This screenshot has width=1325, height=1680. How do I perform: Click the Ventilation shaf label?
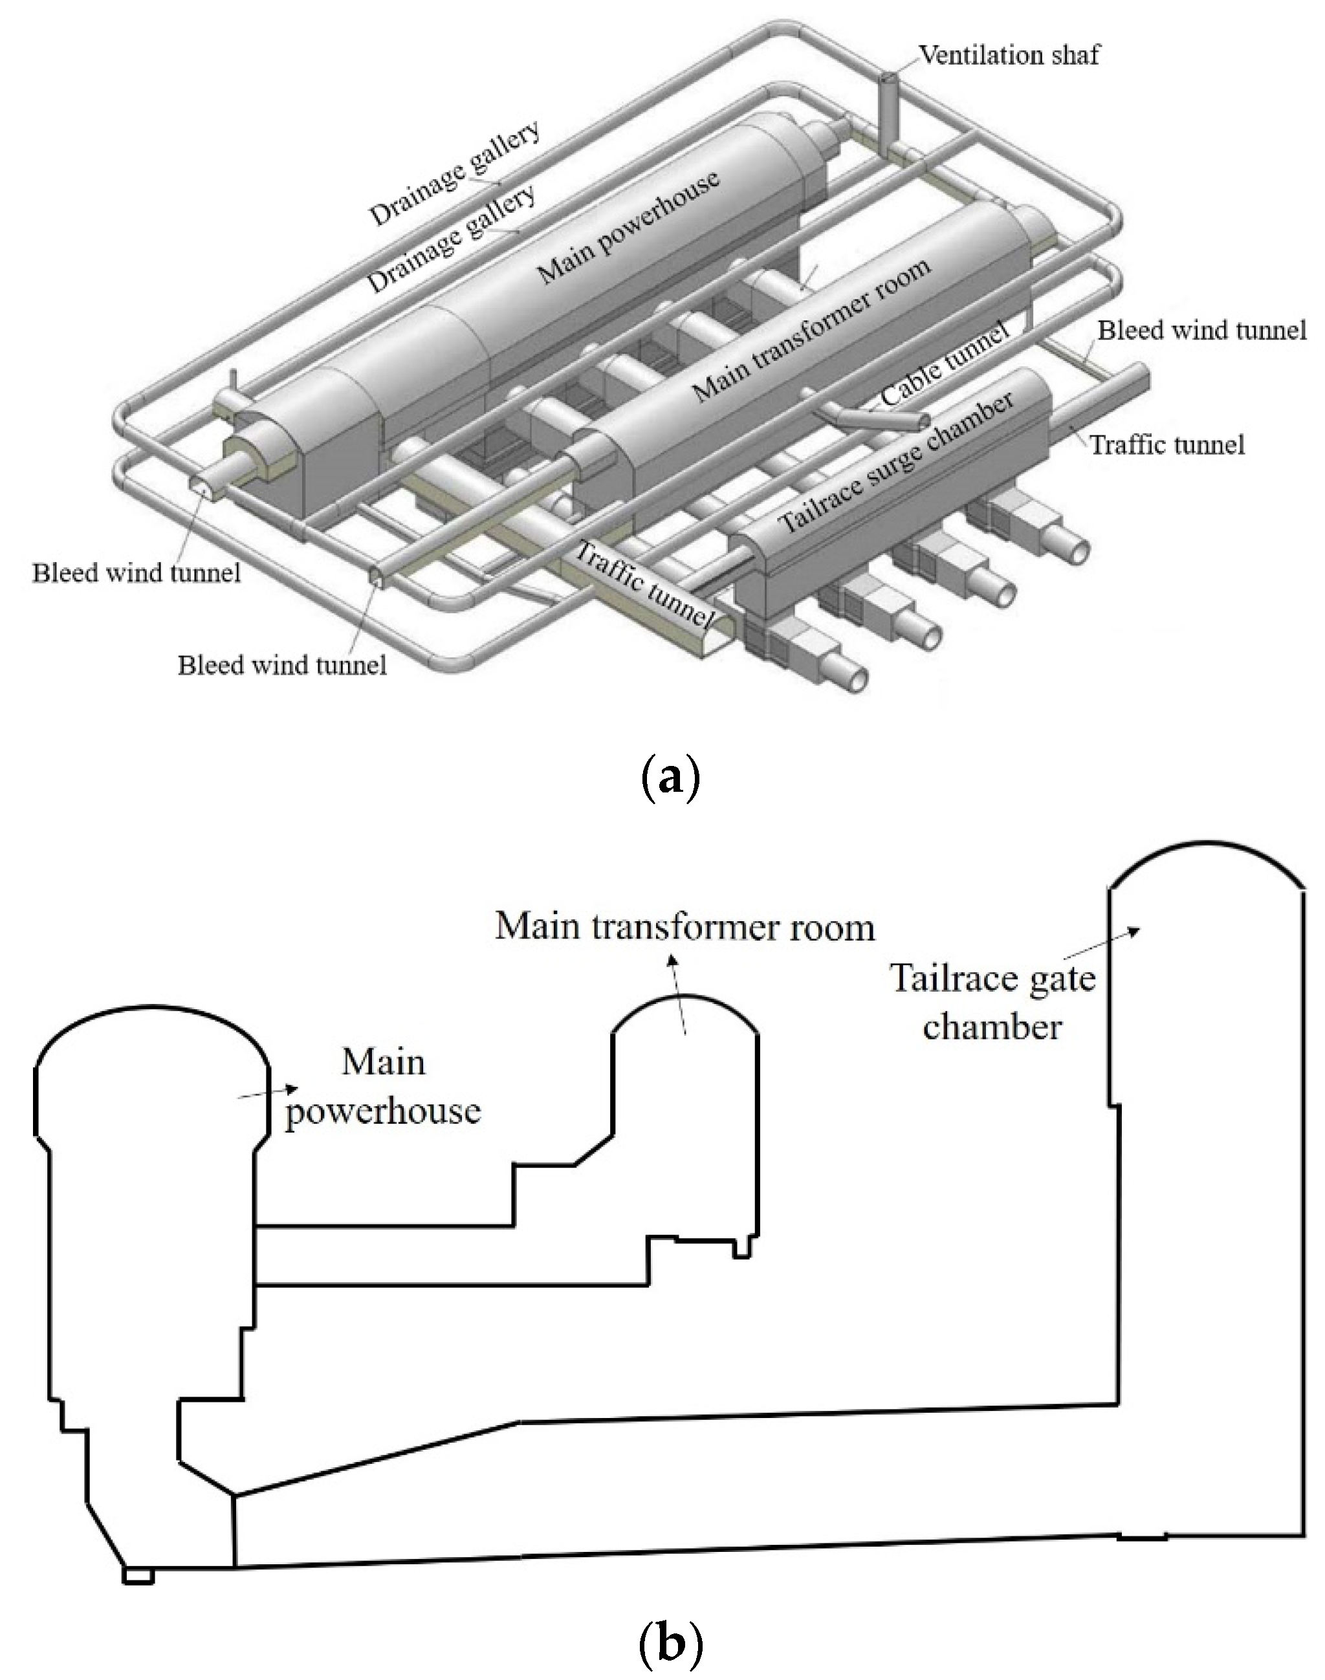pyautogui.click(x=1009, y=56)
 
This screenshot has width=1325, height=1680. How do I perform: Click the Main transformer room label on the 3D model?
pyautogui.click(x=811, y=330)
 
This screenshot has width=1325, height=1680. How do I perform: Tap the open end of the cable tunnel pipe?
pyautogui.click(x=924, y=421)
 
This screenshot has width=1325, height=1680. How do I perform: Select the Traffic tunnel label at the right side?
pyautogui.click(x=1168, y=445)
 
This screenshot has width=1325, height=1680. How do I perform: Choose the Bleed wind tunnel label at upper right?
pyautogui.click(x=1201, y=331)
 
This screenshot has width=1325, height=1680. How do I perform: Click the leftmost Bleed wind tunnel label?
pyautogui.click(x=137, y=573)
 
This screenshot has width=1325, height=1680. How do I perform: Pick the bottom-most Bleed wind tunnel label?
pyautogui.click(x=282, y=666)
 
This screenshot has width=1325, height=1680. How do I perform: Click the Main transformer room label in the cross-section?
pyautogui.click(x=685, y=928)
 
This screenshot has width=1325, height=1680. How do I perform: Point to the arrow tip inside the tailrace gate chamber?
pyautogui.click(x=1138, y=930)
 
